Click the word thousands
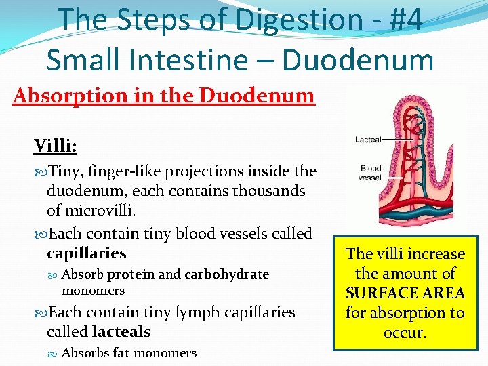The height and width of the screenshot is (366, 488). coord(269,191)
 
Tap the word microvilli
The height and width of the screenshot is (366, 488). coord(100,211)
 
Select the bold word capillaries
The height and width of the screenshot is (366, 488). coord(87,253)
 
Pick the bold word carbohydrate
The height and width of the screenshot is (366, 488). coord(226,274)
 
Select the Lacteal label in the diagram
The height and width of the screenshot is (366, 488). coord(368,140)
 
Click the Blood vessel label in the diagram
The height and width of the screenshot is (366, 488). coord(370,173)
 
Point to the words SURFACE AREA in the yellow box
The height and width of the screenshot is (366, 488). coord(405,293)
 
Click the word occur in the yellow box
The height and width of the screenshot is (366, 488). coord(403,333)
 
